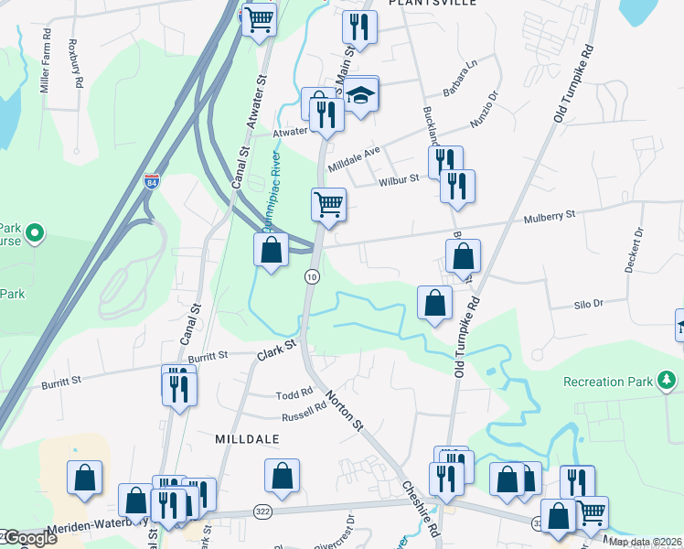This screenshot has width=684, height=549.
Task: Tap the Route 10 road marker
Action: coord(312,276)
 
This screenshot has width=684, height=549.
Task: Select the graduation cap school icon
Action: coord(361,94)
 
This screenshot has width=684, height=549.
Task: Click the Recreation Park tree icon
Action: coord(668,380)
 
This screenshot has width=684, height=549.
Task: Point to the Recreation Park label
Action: coord(608,381)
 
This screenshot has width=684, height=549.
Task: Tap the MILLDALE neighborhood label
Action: coord(246,439)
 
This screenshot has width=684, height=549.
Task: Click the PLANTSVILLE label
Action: coord(422,4)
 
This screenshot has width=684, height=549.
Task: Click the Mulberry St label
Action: coord(550,216)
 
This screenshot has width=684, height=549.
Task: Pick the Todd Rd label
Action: coord(294,395)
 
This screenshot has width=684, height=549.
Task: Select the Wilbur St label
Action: coord(399,180)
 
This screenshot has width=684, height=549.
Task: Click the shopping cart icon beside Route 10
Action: coord(328,203)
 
